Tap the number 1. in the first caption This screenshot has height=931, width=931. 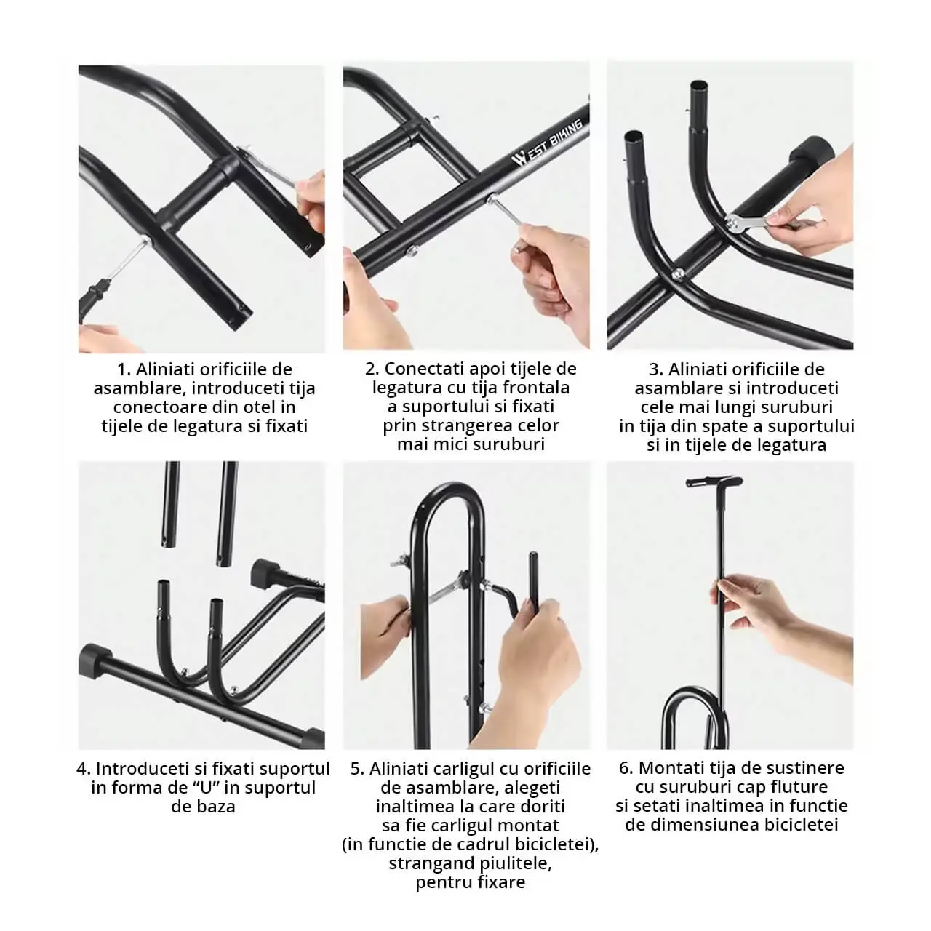pos(124,369)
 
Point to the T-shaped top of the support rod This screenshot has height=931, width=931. pos(714,482)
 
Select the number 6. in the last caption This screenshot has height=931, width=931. pos(626,769)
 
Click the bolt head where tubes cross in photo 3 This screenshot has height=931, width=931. pos(678,274)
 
